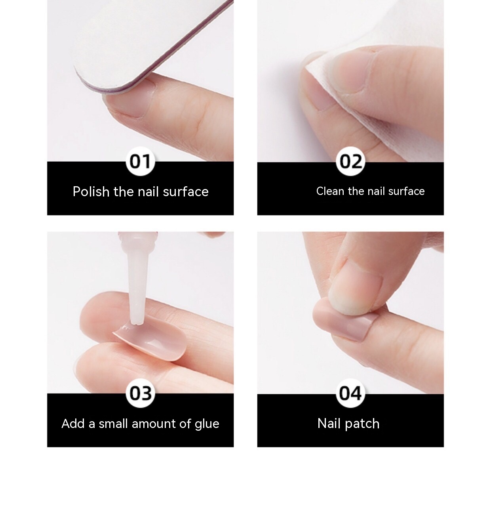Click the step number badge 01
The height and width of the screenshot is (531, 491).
[x=140, y=162]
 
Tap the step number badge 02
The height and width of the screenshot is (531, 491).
[x=350, y=162]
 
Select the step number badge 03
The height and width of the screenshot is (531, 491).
[x=140, y=393]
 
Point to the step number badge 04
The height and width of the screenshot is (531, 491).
[x=350, y=393]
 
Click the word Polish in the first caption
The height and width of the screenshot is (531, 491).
[x=91, y=192]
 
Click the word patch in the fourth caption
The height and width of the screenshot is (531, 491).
[x=362, y=424]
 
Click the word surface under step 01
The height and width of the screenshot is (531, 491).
[x=186, y=192]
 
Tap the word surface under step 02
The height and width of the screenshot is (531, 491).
[x=406, y=191]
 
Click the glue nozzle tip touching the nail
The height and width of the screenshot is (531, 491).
[x=135, y=322]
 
